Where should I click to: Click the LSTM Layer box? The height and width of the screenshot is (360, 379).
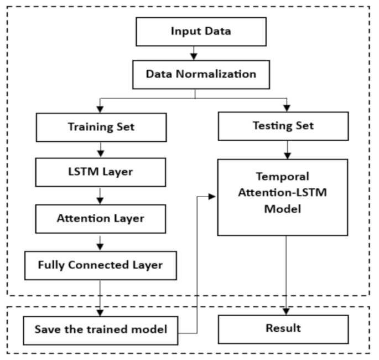pos(100,172)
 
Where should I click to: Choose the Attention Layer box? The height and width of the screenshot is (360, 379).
pos(100,219)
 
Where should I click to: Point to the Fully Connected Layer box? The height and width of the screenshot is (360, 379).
pos(100,265)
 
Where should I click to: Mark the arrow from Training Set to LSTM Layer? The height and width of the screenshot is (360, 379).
pos(100,148)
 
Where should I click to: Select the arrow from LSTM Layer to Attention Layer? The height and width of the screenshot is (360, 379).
pos(100,196)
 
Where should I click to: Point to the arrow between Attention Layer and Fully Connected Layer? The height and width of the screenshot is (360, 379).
pos(100,242)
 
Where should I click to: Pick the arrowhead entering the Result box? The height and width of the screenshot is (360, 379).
pos(286,311)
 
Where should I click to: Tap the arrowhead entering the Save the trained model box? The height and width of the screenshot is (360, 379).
pos(100,311)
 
